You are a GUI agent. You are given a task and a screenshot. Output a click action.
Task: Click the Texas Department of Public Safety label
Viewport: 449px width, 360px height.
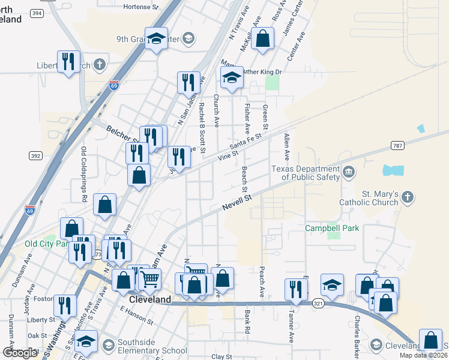click(x=306, y=173)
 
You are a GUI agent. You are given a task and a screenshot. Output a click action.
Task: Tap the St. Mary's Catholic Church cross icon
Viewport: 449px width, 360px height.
click(x=408, y=197)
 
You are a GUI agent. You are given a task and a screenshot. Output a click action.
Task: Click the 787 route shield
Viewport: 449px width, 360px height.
click(x=397, y=145)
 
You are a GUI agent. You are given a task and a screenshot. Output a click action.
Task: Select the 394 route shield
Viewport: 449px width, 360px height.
click(x=37, y=12)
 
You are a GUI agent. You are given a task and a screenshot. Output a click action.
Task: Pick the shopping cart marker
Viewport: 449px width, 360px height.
click(x=149, y=278)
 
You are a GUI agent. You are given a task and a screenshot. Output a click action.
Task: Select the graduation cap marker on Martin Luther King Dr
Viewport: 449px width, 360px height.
click(x=232, y=77)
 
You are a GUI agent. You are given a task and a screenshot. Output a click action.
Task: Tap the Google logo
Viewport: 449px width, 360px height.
click(x=20, y=353)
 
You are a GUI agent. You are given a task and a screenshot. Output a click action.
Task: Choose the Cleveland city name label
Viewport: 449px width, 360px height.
click(x=150, y=299)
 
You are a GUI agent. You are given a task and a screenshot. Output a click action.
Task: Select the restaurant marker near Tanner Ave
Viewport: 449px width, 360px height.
click(x=295, y=289)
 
